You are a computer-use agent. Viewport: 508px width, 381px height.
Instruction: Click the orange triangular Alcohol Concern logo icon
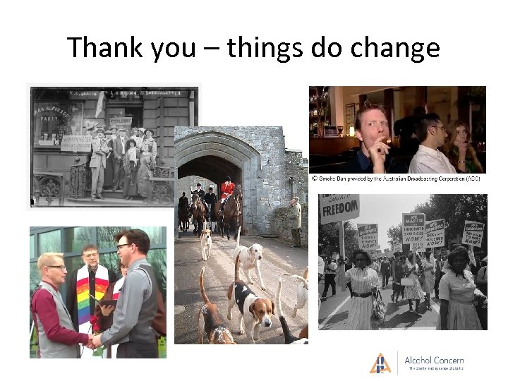click(380, 363)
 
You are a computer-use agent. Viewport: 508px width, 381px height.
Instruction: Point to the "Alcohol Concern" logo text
click(434, 360)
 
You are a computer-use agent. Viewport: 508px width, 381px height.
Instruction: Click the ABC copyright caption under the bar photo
click(395, 179)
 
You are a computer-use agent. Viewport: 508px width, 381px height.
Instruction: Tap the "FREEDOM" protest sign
click(340, 210)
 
